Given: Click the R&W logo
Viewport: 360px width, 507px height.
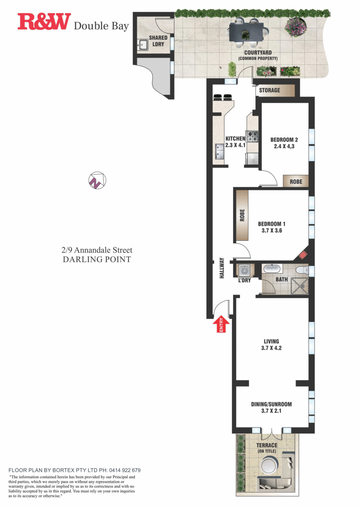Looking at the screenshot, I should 44,22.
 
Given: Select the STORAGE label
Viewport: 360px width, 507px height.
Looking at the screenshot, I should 270,90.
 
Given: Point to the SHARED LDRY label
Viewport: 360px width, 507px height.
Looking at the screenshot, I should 158,41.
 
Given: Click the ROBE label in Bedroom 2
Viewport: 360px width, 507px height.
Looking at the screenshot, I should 296,181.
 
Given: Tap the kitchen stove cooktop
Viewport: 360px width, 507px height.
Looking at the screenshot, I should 252,135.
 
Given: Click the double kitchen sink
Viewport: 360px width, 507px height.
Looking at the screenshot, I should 219,152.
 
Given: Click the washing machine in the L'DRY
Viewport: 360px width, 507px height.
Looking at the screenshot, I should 244,269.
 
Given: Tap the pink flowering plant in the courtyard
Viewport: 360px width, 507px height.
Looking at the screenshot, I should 296,27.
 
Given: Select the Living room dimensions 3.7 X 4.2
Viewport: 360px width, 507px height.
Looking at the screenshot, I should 272,348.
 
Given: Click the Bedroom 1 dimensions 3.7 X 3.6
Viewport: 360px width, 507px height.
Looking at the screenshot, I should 272,230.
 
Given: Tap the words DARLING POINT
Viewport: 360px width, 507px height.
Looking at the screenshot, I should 97,259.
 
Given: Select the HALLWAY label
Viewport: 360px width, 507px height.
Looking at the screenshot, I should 222,268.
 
